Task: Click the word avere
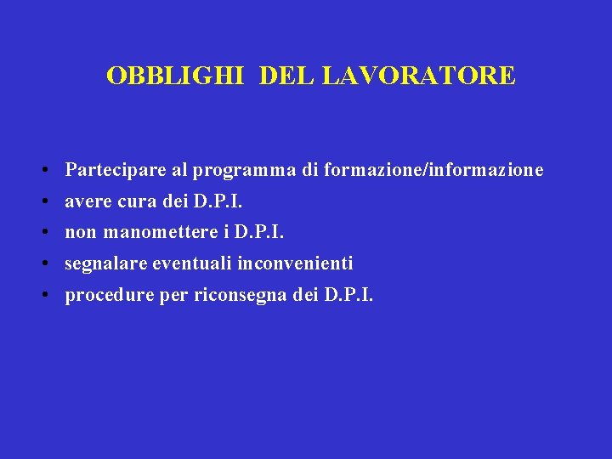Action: tap(86, 202)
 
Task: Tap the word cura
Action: tap(133, 202)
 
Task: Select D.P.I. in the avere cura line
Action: tap(218, 202)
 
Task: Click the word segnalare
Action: tap(105, 264)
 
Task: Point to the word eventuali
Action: tap(192, 264)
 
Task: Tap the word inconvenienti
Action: tap(295, 264)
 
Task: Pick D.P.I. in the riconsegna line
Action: tap(348, 296)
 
